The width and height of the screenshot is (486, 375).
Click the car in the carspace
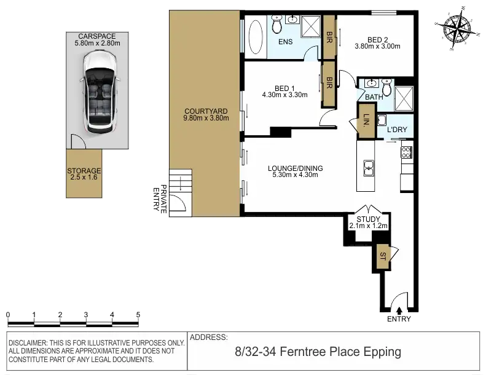(x=99, y=92)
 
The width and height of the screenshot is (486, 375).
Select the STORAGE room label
(x=84, y=171)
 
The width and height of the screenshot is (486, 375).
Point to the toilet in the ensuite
(x=276, y=25)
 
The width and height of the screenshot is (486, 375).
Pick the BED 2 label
(x=377, y=40)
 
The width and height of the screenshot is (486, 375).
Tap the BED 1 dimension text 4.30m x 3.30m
(x=284, y=95)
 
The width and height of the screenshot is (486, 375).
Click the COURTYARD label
(x=206, y=111)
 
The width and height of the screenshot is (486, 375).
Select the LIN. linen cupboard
(x=367, y=120)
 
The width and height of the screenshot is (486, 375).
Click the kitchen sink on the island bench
(x=369, y=168)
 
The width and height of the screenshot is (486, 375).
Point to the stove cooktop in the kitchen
(x=406, y=152)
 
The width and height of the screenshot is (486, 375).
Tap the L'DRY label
(x=397, y=129)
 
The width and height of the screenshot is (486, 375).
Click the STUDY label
(x=368, y=219)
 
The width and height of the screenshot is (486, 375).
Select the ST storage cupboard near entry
(x=383, y=256)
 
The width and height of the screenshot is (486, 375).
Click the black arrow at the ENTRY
(x=399, y=310)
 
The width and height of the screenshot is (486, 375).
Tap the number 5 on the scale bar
(x=138, y=315)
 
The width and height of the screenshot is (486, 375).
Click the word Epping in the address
(x=382, y=352)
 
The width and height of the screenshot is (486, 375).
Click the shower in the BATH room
(x=404, y=98)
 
